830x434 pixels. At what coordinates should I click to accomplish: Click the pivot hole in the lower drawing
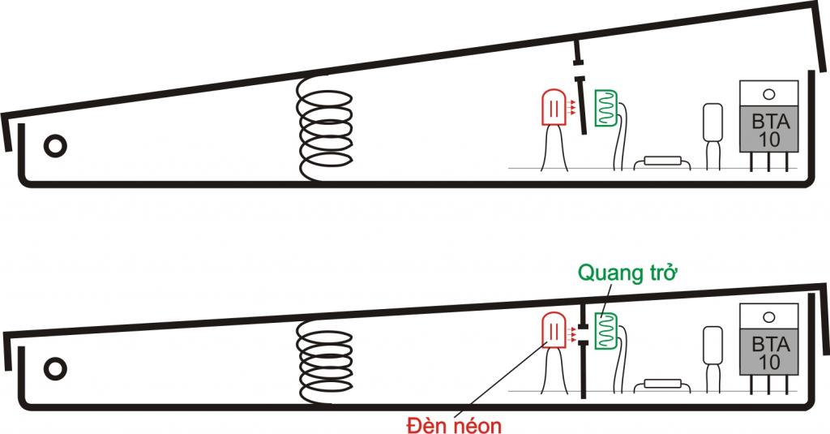point(55,369)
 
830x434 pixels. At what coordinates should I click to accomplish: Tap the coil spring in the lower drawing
point(324,363)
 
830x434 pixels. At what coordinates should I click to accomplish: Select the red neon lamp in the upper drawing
point(554,108)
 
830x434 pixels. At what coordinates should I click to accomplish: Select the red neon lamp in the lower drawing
point(554,330)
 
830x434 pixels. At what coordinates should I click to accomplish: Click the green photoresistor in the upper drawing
point(606,108)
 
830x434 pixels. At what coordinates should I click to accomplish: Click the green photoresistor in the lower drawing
point(606,331)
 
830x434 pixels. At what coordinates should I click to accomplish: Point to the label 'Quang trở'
point(628,273)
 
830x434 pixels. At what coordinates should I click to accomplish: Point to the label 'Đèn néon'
point(454,424)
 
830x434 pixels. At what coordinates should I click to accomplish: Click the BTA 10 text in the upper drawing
point(769,131)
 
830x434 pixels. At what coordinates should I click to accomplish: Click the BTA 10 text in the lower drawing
point(769,354)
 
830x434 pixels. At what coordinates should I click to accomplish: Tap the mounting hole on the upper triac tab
point(769,95)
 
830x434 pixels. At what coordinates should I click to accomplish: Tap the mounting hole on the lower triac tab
point(769,317)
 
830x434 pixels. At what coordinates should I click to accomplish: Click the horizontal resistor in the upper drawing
point(662,163)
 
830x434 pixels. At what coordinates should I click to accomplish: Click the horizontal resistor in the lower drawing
point(662,386)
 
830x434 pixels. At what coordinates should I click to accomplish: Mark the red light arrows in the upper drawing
point(571,108)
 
